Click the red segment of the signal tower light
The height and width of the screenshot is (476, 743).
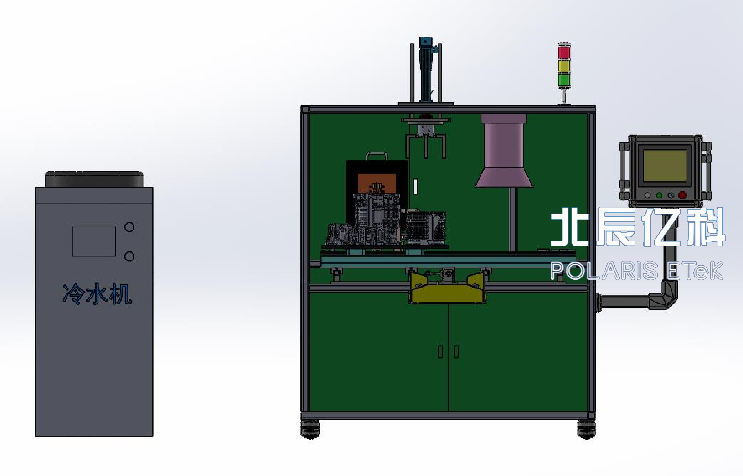[564, 52]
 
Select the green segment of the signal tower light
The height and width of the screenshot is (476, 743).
[564, 80]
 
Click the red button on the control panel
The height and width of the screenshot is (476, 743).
[682, 195]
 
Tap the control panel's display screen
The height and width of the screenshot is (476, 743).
[665, 165]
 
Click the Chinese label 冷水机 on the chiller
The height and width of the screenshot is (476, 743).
[97, 294]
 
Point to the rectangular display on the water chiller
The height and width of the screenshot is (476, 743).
[94, 241]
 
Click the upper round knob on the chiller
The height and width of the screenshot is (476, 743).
[129, 227]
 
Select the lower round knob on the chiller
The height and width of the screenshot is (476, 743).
[129, 256]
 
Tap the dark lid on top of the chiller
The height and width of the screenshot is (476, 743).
[94, 179]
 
